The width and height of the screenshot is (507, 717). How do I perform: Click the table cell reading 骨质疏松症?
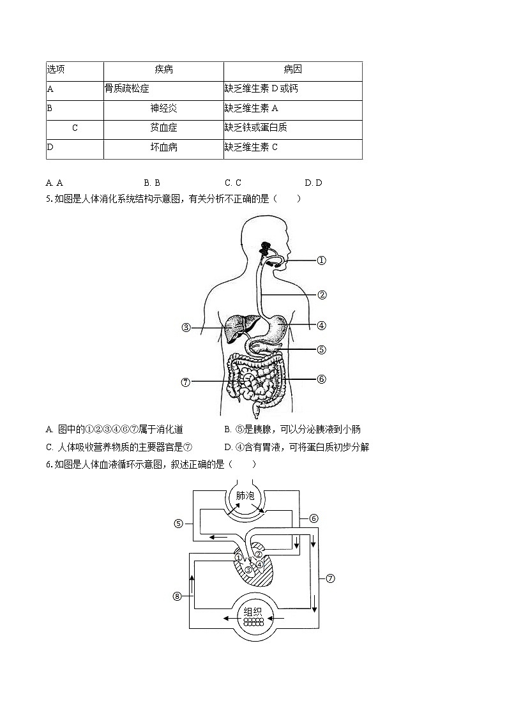[127, 89]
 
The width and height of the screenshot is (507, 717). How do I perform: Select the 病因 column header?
[292, 70]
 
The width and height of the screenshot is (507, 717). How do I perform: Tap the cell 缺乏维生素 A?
[252, 109]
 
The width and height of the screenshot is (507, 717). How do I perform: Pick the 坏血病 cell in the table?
[163, 147]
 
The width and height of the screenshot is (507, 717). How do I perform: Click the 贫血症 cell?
[163, 128]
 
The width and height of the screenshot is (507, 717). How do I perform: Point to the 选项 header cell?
[56, 70]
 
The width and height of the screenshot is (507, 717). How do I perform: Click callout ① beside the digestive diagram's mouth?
[322, 260]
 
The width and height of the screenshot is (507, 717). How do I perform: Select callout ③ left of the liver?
[186, 328]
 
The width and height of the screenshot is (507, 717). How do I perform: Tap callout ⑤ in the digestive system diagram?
[322, 349]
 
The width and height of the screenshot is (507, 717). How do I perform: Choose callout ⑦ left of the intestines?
[186, 382]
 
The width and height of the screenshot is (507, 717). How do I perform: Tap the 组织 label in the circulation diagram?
[253, 611]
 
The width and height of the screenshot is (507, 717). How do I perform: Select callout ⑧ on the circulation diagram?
[178, 596]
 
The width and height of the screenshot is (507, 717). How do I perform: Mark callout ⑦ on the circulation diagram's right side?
[330, 578]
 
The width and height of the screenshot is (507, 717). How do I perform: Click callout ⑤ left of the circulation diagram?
[179, 524]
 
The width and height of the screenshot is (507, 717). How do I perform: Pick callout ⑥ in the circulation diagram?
[314, 518]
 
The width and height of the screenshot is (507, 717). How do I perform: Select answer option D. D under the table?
[314, 183]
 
